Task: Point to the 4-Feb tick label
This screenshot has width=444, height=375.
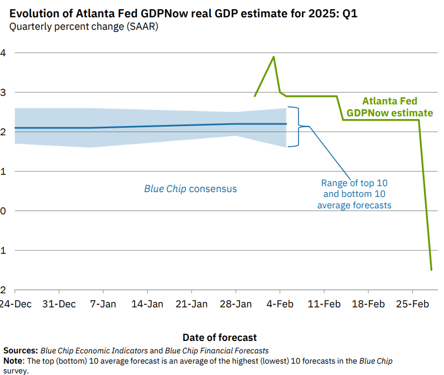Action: tap(280, 304)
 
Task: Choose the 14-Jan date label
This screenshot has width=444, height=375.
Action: tap(147, 304)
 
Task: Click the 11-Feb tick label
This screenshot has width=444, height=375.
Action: tap(324, 304)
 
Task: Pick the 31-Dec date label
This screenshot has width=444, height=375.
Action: tap(59, 304)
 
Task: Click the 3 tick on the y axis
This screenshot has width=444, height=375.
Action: tap(3, 93)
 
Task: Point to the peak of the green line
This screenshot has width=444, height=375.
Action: tap(274, 56)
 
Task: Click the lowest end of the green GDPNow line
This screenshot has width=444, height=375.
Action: tap(431, 269)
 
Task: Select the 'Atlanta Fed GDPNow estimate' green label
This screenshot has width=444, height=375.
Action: tap(389, 107)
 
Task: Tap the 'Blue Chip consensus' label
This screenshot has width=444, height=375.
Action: tap(190, 189)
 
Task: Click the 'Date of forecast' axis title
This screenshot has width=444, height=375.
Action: tap(220, 337)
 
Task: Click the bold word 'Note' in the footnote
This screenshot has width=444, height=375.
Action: tap(13, 361)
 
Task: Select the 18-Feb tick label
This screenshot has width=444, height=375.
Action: tap(369, 304)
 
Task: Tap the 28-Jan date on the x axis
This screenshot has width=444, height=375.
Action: tap(236, 304)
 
